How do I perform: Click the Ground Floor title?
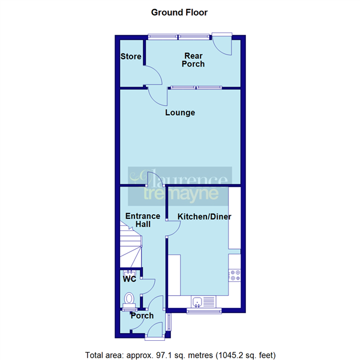pos(179,12)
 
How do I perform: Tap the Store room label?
pos(130,57)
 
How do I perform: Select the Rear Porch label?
pos(194,60)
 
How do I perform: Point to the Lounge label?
pos(181,112)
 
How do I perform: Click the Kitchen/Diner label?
pos(204,217)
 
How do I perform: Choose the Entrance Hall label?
pos(142,220)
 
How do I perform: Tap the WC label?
pos(129,280)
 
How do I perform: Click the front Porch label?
pos(142,316)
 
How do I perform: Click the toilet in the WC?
pos(128,298)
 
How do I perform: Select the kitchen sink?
pos(197,301)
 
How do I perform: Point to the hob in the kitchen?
pos(234,275)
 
